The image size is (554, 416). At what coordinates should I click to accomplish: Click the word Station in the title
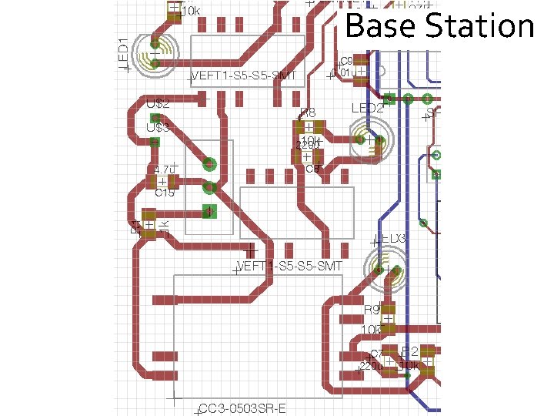point(479,26)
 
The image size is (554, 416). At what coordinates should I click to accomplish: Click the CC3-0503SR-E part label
point(242,408)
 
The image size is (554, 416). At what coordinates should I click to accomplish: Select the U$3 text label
point(158,127)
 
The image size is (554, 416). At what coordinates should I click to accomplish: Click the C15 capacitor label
point(165,193)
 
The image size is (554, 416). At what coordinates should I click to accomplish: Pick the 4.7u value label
point(164,169)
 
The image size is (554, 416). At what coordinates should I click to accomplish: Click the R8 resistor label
point(308,114)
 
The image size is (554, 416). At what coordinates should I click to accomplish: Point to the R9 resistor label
point(372,310)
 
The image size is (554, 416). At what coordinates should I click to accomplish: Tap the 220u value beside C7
point(372,367)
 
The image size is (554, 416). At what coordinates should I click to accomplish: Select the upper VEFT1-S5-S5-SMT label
point(243,75)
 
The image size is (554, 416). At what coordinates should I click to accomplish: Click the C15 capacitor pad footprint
point(162,182)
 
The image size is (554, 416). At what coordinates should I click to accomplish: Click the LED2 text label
point(367,109)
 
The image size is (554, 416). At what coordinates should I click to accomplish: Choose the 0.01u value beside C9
point(344,72)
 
